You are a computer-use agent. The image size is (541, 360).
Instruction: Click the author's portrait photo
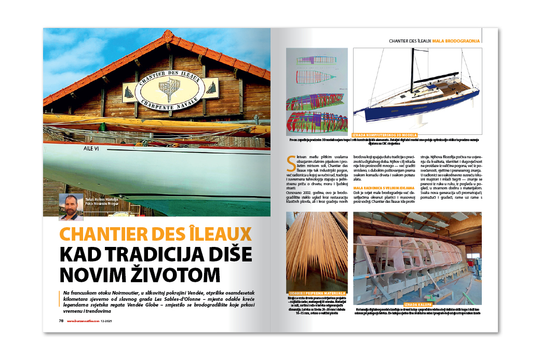71,206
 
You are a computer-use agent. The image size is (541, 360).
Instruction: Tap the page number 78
61,321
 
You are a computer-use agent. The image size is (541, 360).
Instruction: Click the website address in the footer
83,321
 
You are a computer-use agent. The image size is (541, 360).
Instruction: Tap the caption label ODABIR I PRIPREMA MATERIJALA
316,294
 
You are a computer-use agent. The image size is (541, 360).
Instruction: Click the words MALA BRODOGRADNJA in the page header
455,40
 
